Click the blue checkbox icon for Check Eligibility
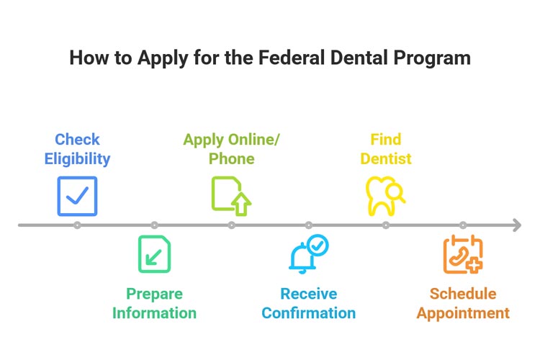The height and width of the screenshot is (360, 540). (77, 197)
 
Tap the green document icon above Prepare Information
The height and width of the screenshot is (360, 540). (155, 254)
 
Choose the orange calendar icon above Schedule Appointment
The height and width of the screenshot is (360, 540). (462, 255)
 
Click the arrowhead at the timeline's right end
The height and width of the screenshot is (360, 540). (516, 225)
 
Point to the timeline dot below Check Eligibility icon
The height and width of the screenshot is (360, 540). (77, 225)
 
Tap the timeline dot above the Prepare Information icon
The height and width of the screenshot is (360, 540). (155, 225)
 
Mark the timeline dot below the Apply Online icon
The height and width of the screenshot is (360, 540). (231, 225)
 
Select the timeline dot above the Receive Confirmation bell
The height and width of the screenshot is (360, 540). (308, 225)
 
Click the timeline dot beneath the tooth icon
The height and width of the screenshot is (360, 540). (386, 225)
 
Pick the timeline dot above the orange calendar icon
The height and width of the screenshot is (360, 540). (463, 225)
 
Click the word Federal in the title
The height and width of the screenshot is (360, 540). (276, 58)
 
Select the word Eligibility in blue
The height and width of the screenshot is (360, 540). (77, 159)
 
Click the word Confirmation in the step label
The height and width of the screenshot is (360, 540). (308, 313)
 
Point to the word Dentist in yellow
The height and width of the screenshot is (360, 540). (386, 159)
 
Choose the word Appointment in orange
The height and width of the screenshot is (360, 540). (463, 313)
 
